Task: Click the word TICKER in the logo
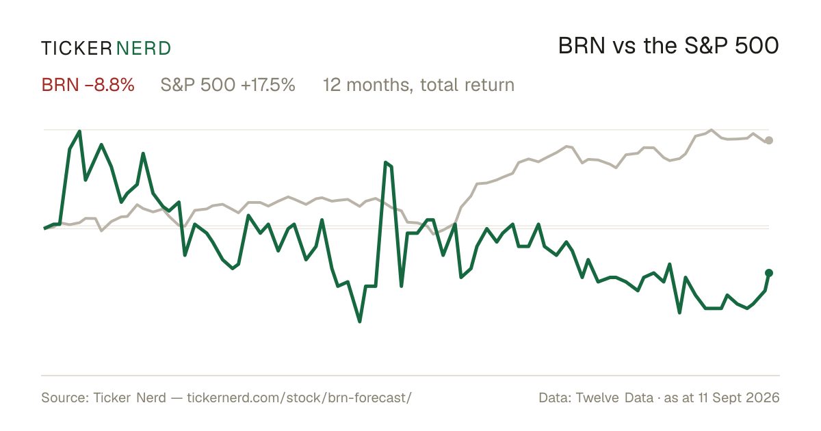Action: [76, 49]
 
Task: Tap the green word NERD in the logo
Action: [143, 49]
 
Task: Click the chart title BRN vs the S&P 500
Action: [668, 46]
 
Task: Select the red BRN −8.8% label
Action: [88, 85]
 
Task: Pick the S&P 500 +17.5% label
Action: [228, 85]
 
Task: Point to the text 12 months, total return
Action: [419, 85]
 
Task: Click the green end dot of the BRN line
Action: [769, 273]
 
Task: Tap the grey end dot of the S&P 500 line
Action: [769, 140]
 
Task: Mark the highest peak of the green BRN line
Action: [79, 131]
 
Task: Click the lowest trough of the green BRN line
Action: [360, 322]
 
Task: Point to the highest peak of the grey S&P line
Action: [712, 130]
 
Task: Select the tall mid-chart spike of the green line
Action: [386, 162]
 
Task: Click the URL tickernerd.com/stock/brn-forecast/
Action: [300, 397]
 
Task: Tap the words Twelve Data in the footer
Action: [614, 397]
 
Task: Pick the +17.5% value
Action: [268, 85]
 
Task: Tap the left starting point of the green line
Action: [44, 228]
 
